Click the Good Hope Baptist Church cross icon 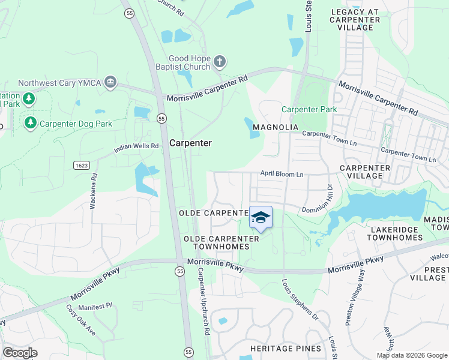pos(220,61)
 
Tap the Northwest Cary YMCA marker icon pos(110,82)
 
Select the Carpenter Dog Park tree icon pos(30,123)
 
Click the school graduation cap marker pos(261,218)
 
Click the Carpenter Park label pos(309,109)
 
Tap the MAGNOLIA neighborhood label pos(276,127)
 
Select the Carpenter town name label pos(190,143)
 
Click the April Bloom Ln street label pos(282,174)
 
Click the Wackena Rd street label pos(94,191)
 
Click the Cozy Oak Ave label pos(80,320)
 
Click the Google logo pos(20,352)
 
